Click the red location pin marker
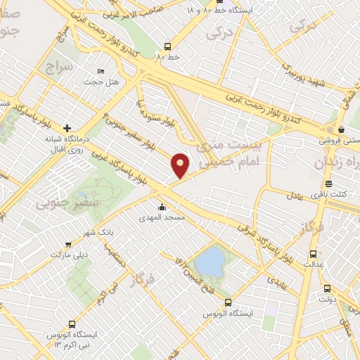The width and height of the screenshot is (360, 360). pyautogui.click(x=181, y=165)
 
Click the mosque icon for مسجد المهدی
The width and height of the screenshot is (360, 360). pyautogui.click(x=163, y=207)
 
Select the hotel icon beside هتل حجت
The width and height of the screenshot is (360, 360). pyautogui.click(x=100, y=72)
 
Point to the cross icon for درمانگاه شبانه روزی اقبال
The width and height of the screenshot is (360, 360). pyautogui.click(x=67, y=128)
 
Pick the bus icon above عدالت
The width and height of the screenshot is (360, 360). pyautogui.click(x=313, y=254)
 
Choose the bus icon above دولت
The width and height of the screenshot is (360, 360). pyautogui.click(x=327, y=288)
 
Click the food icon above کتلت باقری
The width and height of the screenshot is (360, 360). pyautogui.click(x=328, y=184)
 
